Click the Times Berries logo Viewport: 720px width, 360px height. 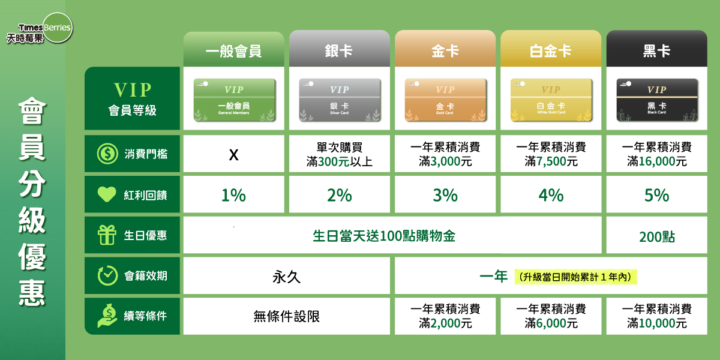click(x=45, y=30)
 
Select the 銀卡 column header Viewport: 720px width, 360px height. click(x=339, y=50)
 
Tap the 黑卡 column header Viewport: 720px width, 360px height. click(x=656, y=50)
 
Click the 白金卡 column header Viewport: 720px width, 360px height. click(x=551, y=50)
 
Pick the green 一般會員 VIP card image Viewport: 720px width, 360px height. click(x=234, y=99)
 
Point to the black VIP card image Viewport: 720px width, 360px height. click(x=656, y=99)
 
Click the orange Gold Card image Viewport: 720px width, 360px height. click(x=445, y=99)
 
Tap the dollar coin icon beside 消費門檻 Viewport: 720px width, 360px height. click(x=107, y=154)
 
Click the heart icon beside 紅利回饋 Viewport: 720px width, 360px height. click(x=107, y=194)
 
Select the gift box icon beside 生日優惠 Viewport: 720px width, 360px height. click(x=107, y=235)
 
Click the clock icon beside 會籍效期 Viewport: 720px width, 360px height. click(x=107, y=276)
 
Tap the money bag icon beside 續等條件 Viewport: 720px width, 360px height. click(x=107, y=316)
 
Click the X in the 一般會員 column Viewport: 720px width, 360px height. click(x=234, y=155)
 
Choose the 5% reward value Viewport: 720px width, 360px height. click(x=656, y=195)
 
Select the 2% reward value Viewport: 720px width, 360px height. click(x=339, y=195)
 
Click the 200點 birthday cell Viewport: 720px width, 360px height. click(x=656, y=236)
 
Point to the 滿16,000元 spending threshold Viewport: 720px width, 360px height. click(x=656, y=161)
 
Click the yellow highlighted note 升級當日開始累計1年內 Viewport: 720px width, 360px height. click(x=575, y=277)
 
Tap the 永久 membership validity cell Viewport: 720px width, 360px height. click(x=286, y=277)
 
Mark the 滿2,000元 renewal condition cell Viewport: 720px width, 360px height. click(x=445, y=323)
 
